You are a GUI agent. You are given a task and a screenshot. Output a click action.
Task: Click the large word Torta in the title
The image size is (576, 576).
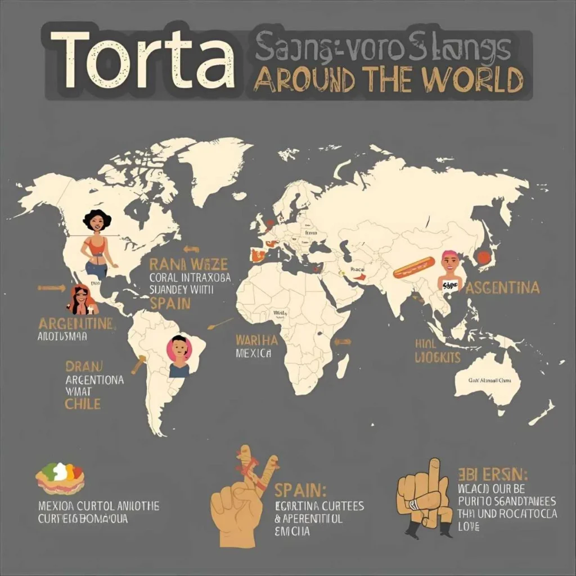141,61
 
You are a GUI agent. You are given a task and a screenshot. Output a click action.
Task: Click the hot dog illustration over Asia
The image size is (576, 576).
413,267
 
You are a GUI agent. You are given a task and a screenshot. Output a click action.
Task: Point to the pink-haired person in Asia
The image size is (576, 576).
450,270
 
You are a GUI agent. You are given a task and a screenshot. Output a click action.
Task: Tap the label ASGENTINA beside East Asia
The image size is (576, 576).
502,288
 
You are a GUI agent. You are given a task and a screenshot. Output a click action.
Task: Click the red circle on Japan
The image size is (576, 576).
484,258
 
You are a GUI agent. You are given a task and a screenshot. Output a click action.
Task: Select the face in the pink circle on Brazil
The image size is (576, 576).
179,350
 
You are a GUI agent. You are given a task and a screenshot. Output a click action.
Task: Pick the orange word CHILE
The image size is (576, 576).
83,403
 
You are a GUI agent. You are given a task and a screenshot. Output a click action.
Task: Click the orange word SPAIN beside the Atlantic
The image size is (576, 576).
170,304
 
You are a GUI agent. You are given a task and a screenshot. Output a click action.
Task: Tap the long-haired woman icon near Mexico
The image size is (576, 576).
82,299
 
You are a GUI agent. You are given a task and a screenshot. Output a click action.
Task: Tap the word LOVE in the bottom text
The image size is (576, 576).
469,527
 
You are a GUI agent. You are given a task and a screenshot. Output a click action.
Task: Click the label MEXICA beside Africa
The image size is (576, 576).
254,354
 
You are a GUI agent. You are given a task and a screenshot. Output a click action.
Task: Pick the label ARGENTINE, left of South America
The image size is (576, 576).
76,324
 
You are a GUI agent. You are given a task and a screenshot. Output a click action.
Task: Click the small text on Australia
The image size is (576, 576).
490,380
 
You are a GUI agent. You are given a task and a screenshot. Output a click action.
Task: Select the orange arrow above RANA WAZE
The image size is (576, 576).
191,249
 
